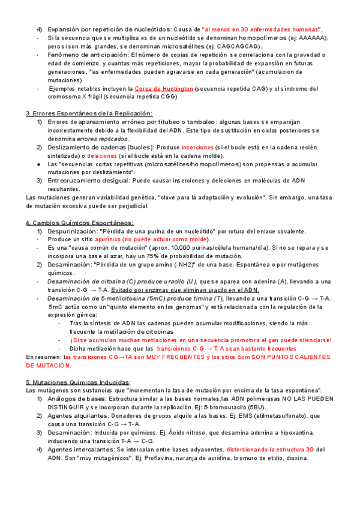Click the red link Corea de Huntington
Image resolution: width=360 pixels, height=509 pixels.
(x=164, y=88)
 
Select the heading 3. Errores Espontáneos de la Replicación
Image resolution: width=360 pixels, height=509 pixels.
(x=89, y=113)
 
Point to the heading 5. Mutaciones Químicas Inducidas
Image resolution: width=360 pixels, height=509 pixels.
(x=78, y=382)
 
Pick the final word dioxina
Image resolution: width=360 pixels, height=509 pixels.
(x=295, y=458)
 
